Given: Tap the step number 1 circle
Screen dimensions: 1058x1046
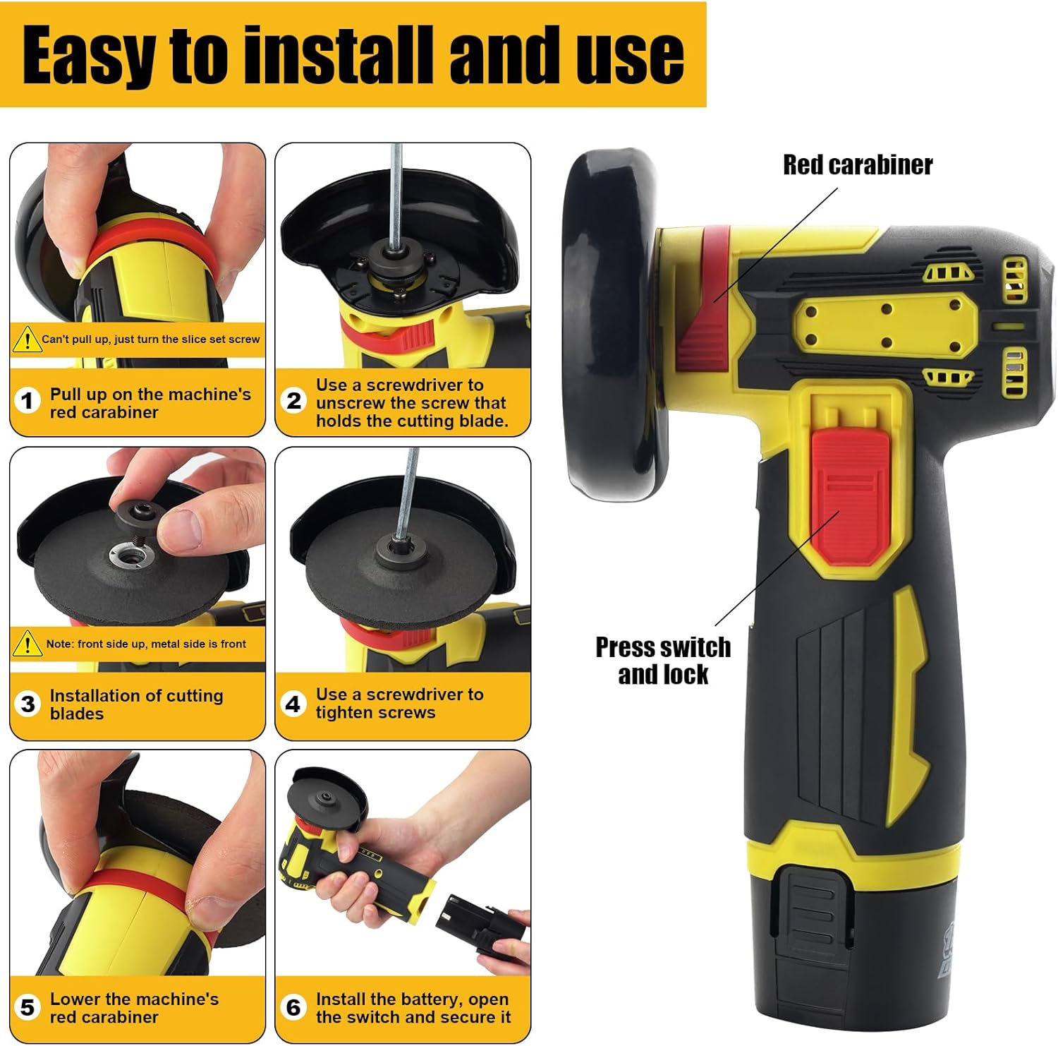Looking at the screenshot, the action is [x=28, y=402].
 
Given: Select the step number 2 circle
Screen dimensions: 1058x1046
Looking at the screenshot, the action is [x=293, y=401].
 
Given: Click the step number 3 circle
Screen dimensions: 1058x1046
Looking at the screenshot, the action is [x=28, y=704].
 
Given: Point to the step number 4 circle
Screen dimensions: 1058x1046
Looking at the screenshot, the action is [x=293, y=704].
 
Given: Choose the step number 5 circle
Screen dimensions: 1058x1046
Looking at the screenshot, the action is [x=28, y=1007].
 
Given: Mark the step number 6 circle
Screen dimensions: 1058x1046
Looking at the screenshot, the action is [x=293, y=1007].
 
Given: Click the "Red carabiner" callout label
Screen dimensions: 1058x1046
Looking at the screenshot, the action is [x=858, y=164].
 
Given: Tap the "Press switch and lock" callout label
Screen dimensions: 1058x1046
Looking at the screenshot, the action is [x=663, y=661].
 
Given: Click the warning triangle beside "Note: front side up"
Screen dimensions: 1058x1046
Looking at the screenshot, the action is [x=27, y=644].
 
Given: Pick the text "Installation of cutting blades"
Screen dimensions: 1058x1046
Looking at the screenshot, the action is [x=137, y=704].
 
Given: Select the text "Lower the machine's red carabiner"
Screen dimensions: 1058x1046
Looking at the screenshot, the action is [x=134, y=1008].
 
